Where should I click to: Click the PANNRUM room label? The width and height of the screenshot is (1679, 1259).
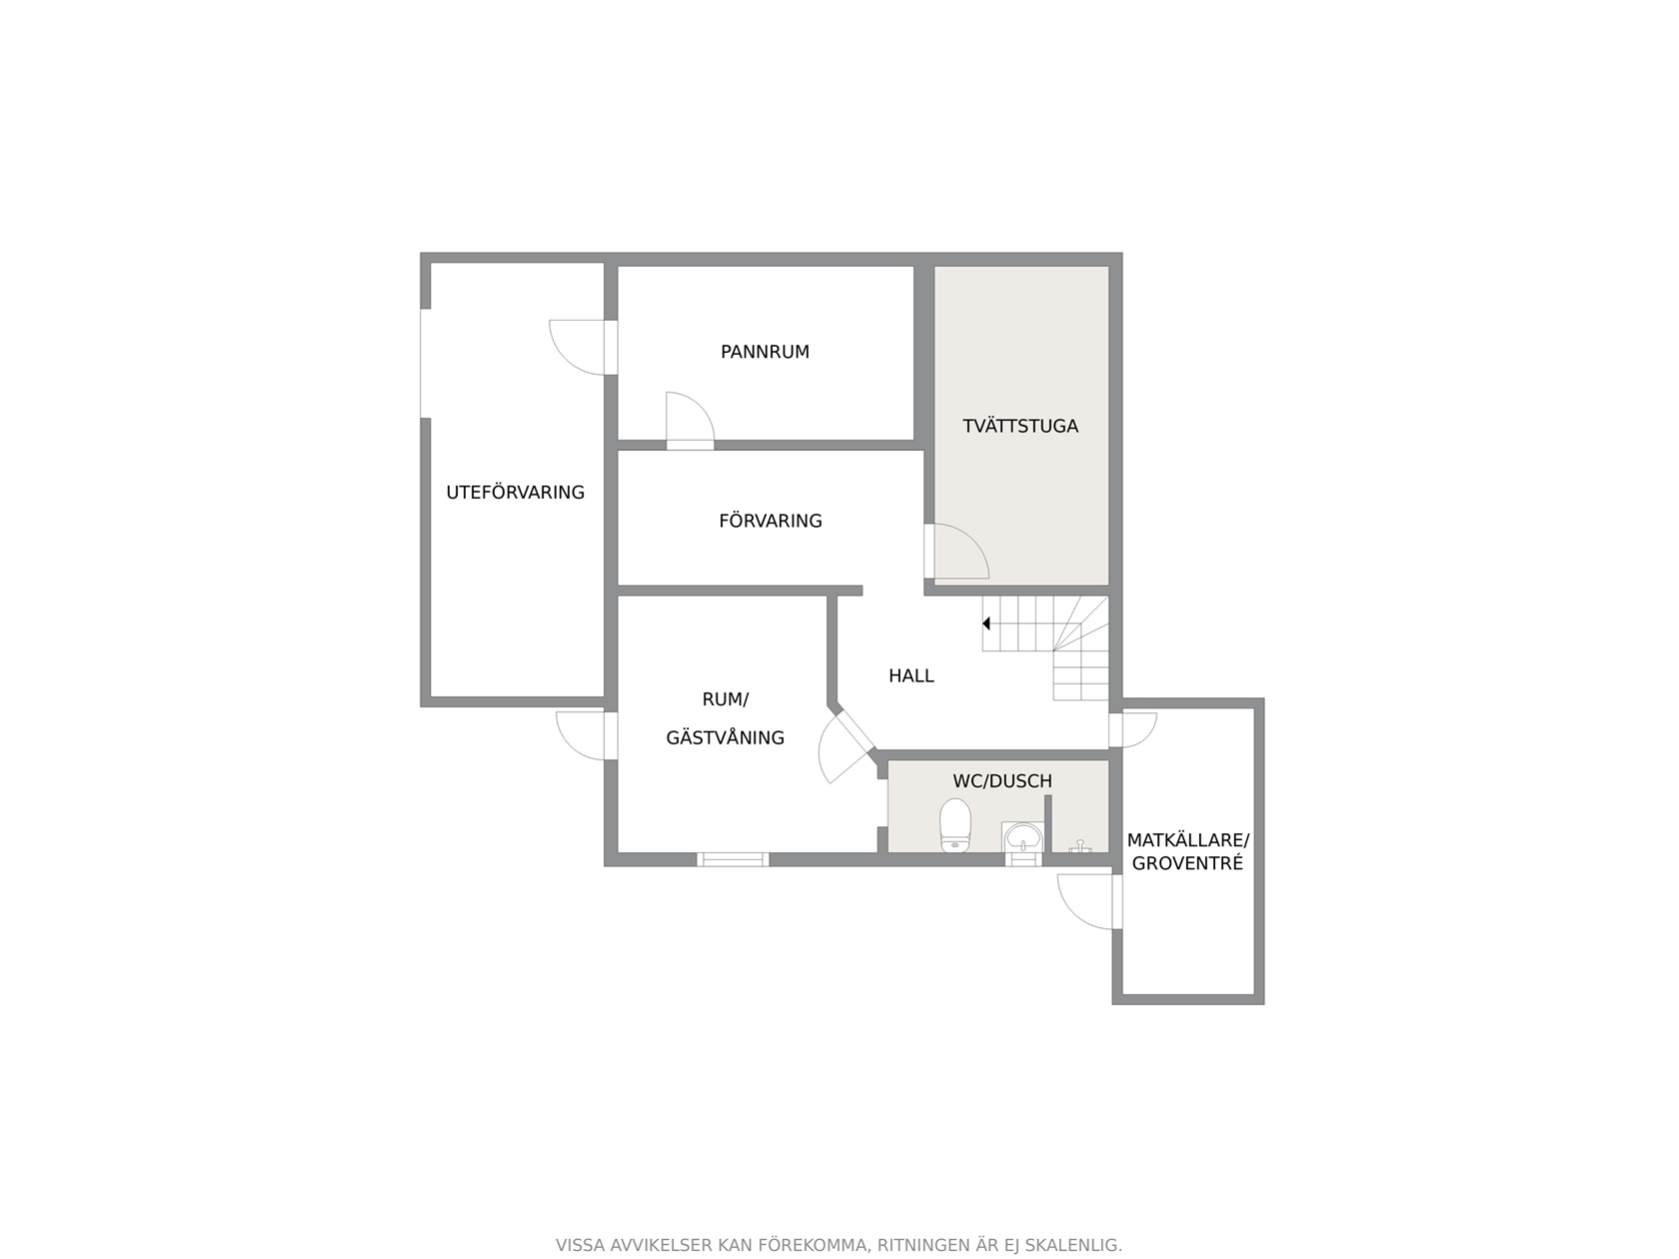pyautogui.click(x=765, y=352)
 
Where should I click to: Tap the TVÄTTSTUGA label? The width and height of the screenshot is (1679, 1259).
pyautogui.click(x=1019, y=426)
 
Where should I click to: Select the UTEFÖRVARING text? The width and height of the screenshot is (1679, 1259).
pyautogui.click(x=515, y=493)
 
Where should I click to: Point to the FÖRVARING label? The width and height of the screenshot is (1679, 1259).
pyautogui.click(x=771, y=521)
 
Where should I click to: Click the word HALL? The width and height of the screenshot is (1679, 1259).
pyautogui.click(x=911, y=675)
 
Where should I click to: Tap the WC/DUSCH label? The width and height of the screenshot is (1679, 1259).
pyautogui.click(x=1002, y=780)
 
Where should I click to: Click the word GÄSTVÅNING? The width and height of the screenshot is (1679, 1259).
pyautogui.click(x=726, y=737)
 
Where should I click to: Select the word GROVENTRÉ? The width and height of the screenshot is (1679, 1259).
pyautogui.click(x=1187, y=863)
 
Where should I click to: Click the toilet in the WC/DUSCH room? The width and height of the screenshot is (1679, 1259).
pyautogui.click(x=954, y=825)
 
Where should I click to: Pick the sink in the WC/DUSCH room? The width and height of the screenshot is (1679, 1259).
pyautogui.click(x=1022, y=837)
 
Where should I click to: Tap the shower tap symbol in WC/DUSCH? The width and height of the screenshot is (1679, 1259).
pyautogui.click(x=1079, y=846)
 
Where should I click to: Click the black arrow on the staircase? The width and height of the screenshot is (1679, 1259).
pyautogui.click(x=986, y=624)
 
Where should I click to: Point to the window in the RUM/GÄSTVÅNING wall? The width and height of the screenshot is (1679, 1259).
pyautogui.click(x=732, y=859)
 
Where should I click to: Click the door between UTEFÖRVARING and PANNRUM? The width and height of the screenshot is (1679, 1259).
pyautogui.click(x=583, y=348)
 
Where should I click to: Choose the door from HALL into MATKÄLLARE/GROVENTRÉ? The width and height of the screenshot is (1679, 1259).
pyautogui.click(x=1133, y=730)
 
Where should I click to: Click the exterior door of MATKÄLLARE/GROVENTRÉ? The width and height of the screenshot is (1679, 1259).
pyautogui.click(x=1090, y=902)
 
